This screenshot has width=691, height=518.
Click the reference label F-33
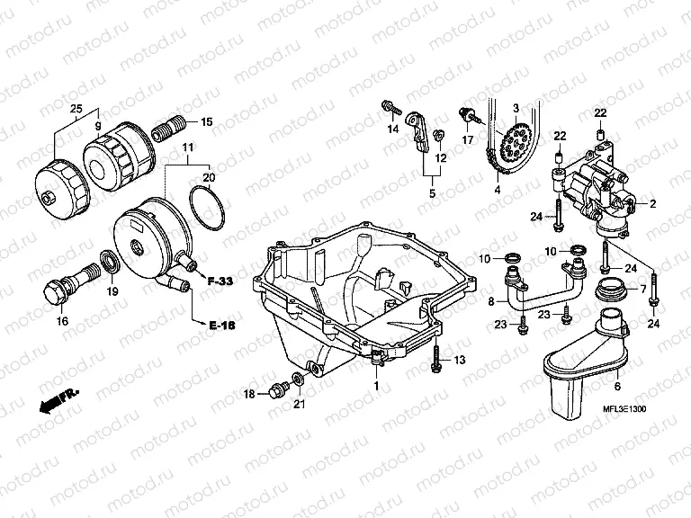coord(220,281)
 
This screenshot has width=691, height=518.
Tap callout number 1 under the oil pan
coord(377,384)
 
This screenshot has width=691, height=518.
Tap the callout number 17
coord(468,140)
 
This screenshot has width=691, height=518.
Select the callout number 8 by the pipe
coord(491,300)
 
